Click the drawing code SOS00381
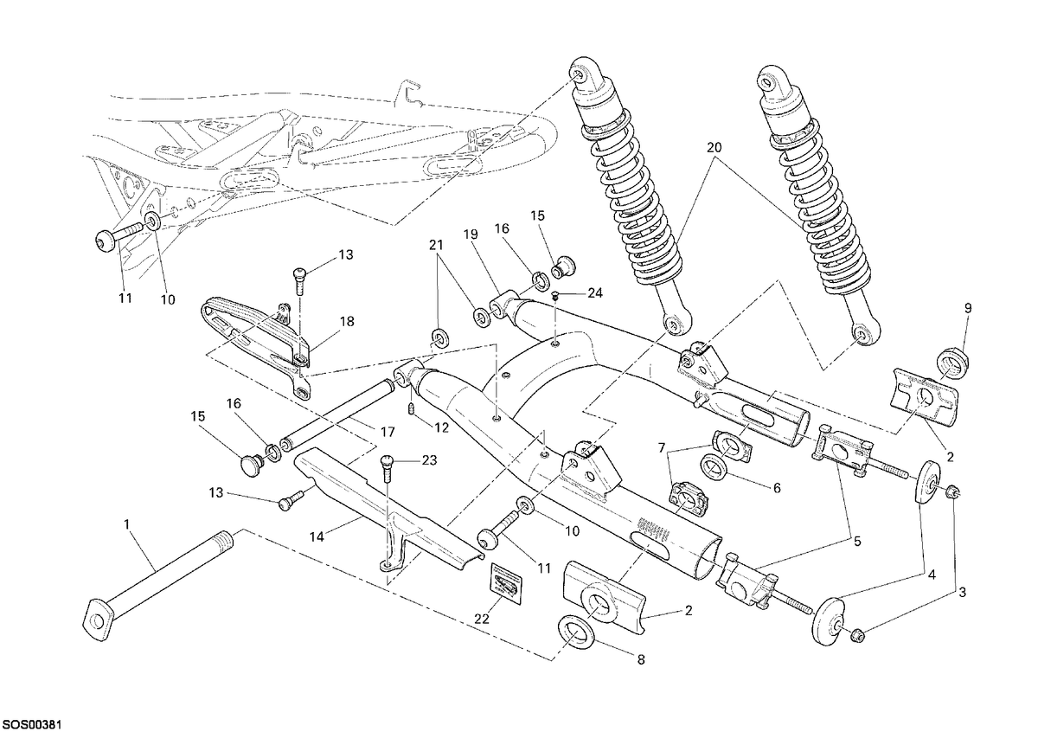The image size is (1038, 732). pos(32,724)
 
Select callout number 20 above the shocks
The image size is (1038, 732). pos(714,147)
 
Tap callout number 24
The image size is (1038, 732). pos(595,292)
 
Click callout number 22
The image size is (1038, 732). pos(482,620)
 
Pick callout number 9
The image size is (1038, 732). pos(968,308)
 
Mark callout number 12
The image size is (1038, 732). pos(442,428)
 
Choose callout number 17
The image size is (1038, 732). pos(388,432)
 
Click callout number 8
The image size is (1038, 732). pos(641,659)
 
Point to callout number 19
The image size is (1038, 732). pos(471,234)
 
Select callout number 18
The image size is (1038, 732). pos(347,321)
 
